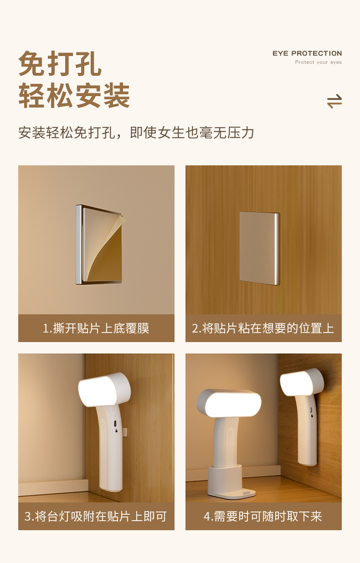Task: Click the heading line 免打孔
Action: (60, 63)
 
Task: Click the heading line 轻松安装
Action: (74, 95)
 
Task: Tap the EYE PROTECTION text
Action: (307, 53)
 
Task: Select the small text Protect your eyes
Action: (318, 62)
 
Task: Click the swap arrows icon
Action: (334, 101)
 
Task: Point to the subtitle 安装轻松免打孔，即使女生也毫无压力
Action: (136, 133)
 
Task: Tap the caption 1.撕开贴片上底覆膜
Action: (96, 328)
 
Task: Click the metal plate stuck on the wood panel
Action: (260, 248)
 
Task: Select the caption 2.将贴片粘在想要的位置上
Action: (263, 328)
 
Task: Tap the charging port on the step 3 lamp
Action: (115, 424)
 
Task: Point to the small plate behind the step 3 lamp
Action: (124, 431)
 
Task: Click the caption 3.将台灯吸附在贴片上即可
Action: (96, 517)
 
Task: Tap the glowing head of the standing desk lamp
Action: (229, 404)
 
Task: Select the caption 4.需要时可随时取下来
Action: (263, 517)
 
